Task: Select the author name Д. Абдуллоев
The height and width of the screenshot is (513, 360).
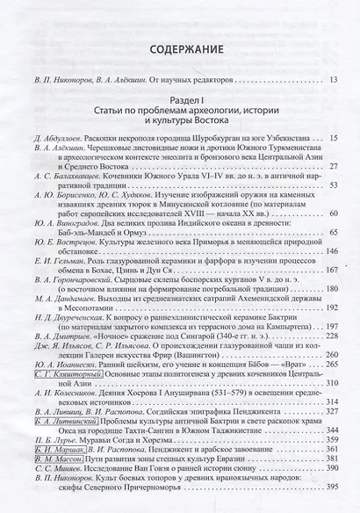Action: click(x=57, y=139)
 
